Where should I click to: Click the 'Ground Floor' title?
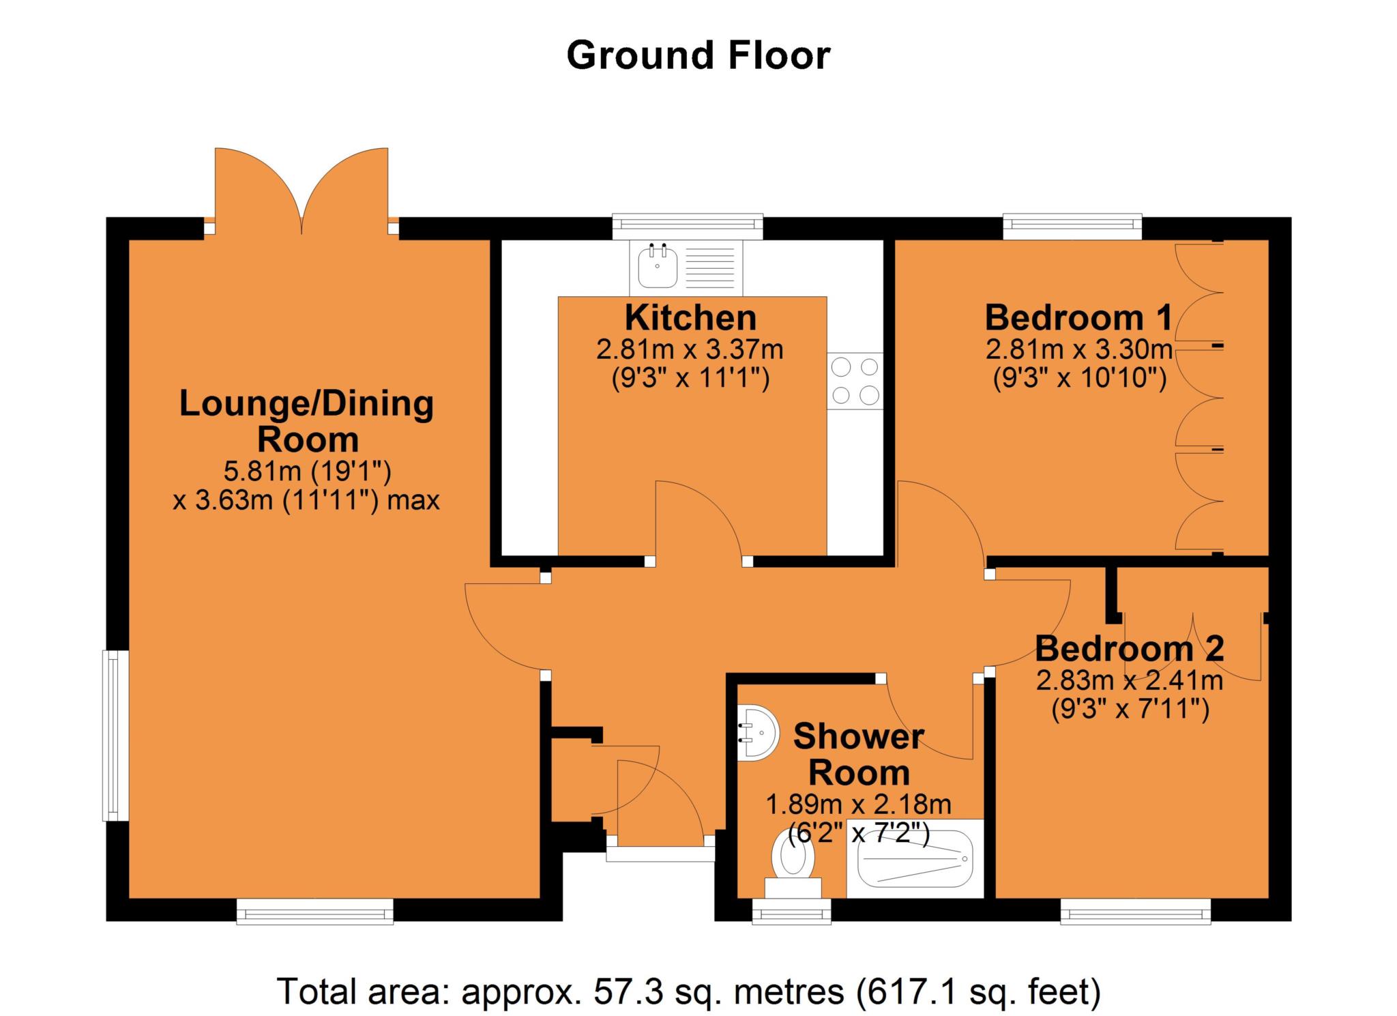click(698, 56)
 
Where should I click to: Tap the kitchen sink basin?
click(658, 267)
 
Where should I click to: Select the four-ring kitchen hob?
click(855, 381)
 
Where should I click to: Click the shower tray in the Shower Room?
click(914, 858)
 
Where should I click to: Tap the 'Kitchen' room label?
click(690, 318)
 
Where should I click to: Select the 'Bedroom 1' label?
click(1078, 317)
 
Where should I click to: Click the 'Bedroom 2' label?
click(1129, 648)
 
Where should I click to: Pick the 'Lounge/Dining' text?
click(306, 404)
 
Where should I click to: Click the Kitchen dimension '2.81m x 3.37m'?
click(690, 350)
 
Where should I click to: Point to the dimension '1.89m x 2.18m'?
click(858, 804)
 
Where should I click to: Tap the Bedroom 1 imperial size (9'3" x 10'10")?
click(1079, 377)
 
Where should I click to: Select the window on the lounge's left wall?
click(115, 736)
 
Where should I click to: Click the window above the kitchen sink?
click(687, 227)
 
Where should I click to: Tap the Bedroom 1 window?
click(1072, 227)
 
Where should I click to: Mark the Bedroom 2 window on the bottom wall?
click(1136, 912)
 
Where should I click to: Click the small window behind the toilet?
click(792, 912)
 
